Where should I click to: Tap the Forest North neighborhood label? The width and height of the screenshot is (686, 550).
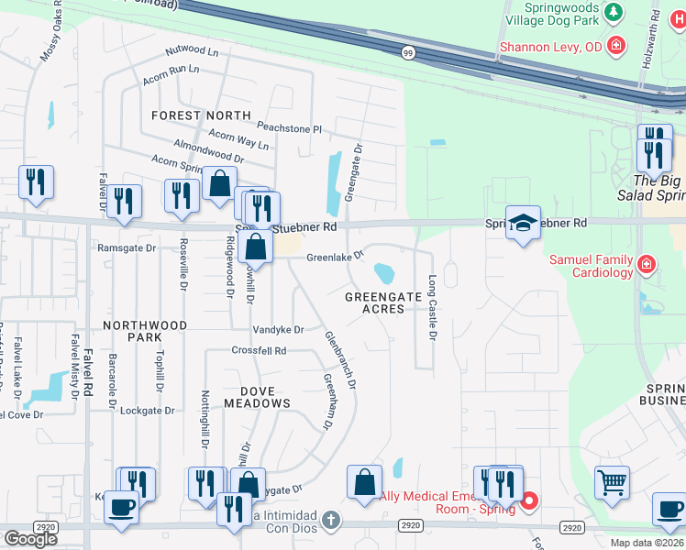(x=201, y=115)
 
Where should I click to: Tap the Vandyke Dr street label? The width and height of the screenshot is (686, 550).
(x=279, y=329)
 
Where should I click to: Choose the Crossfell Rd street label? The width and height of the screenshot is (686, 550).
(x=259, y=351)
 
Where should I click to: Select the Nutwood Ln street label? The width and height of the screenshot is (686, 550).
(x=193, y=51)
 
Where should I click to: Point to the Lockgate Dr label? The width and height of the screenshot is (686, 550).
(x=147, y=411)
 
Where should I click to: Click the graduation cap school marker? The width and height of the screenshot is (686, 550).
(x=523, y=223)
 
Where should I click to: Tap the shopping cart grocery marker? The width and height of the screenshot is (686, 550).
(x=612, y=480)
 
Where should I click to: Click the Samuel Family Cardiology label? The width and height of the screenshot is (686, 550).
(x=592, y=266)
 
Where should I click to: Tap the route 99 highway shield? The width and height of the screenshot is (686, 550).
(x=407, y=53)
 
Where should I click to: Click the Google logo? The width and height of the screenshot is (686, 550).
(x=30, y=539)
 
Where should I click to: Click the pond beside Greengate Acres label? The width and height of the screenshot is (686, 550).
(x=384, y=273)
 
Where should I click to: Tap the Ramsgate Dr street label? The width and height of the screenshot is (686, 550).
(x=127, y=247)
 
